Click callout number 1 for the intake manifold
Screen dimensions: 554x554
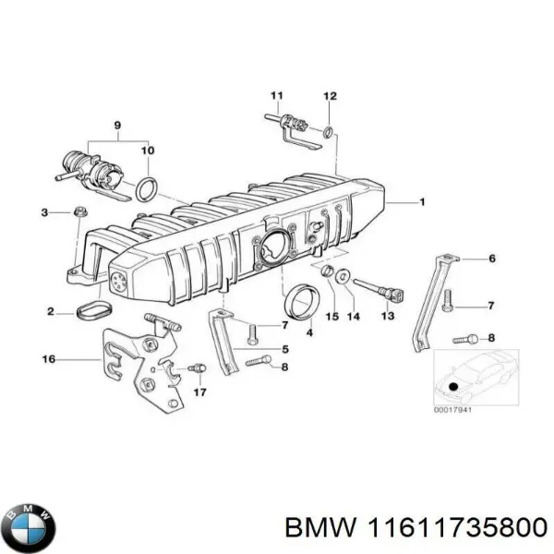pos(423,200)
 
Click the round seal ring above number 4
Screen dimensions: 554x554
pos(300,300)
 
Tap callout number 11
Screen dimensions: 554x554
pos(275,96)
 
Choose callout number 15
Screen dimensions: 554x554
pos(328,317)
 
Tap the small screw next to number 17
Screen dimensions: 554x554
pos(196,369)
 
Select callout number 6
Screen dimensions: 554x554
pos(492,259)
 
